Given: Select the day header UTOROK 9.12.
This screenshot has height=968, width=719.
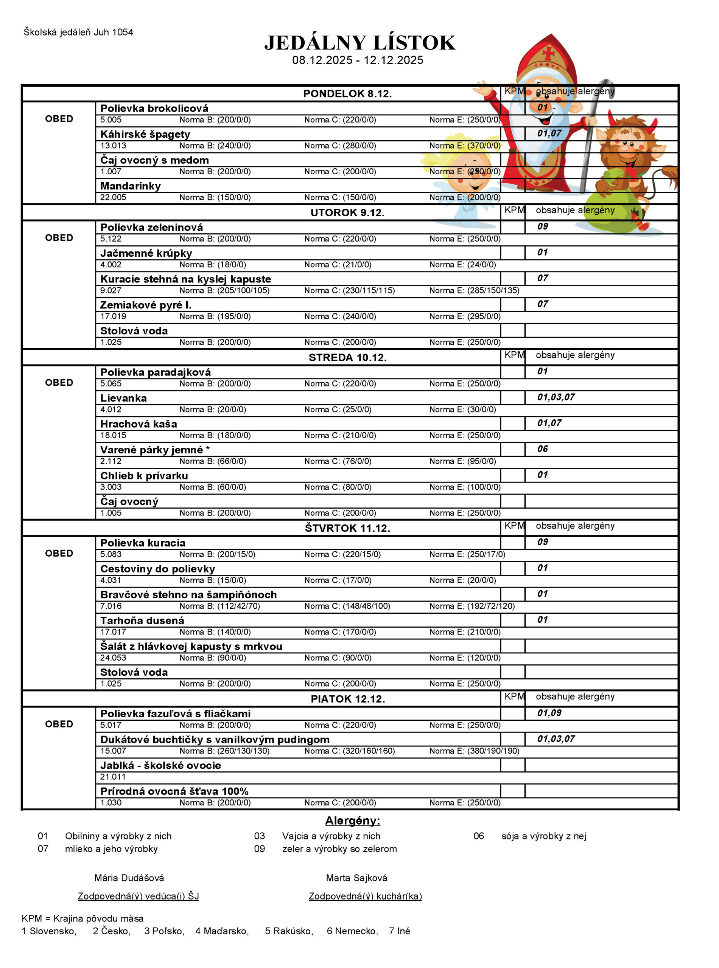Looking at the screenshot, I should point(347,213).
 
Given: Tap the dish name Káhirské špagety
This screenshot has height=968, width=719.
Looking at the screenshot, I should point(145,134).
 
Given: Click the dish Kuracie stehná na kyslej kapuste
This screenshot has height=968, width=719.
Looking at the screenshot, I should point(185,279).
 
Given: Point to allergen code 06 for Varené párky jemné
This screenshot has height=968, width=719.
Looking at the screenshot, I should point(542,449).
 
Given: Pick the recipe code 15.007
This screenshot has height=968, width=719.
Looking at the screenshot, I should point(113,751).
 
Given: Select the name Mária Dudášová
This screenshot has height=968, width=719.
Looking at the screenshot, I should point(129,878).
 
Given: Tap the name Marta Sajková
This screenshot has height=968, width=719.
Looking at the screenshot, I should point(356,878).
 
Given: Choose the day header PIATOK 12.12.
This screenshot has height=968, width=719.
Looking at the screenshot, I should point(347,699).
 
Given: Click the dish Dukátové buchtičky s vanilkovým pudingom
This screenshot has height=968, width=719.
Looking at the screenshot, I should point(215,739).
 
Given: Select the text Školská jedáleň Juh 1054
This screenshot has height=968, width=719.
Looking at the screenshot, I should point(78,32).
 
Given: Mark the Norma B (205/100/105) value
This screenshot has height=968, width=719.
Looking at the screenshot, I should point(224,290).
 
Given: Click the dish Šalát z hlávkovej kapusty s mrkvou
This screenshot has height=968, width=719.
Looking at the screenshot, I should point(191,646).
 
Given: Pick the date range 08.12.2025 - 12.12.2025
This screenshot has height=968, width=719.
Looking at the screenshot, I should point(357,60).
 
